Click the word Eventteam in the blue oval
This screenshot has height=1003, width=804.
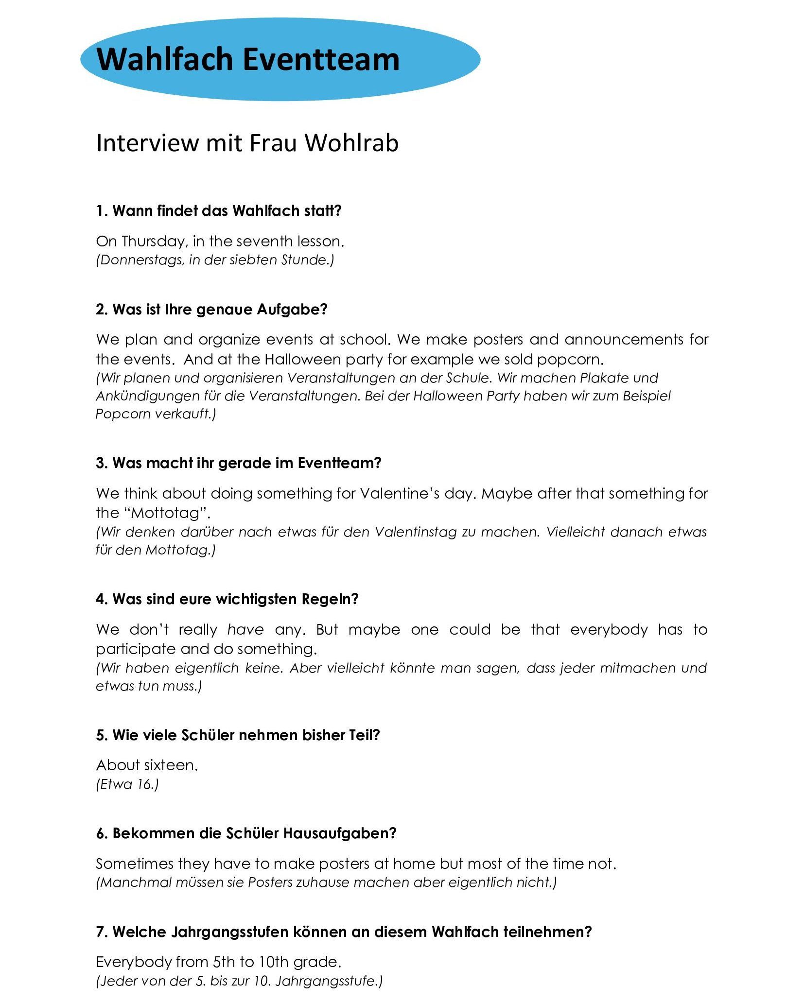[x=320, y=59]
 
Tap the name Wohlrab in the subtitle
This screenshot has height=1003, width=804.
[x=351, y=143]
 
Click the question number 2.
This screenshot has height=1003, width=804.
[x=101, y=309]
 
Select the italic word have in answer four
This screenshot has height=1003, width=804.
[x=245, y=630]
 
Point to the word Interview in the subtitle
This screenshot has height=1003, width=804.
[x=147, y=143]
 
